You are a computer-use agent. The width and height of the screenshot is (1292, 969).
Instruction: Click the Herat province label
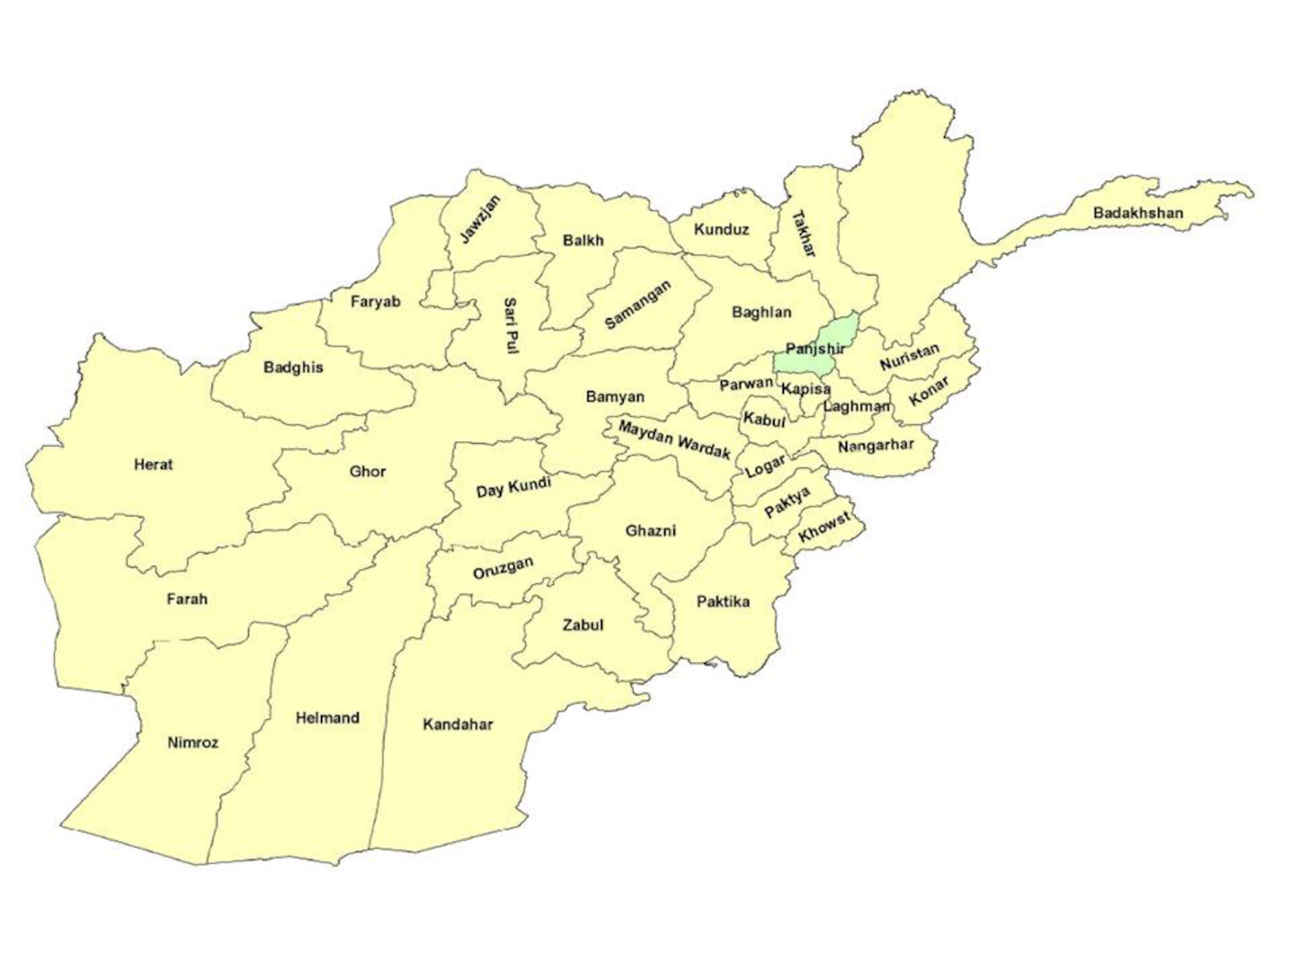coord(153,464)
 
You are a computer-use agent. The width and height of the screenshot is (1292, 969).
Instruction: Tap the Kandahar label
coord(457,724)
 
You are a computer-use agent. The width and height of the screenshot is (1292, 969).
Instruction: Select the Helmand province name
coord(327,718)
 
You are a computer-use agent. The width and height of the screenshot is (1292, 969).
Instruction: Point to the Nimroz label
coord(193,742)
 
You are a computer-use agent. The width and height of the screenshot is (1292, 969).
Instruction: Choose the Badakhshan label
coord(1138,213)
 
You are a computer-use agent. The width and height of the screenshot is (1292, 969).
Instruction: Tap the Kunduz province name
coord(721,229)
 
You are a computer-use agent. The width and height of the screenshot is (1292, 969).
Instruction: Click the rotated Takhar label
coord(804,233)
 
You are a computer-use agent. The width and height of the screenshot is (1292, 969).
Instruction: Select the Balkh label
coord(583,240)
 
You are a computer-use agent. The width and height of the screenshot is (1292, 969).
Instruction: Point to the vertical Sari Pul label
coord(510,325)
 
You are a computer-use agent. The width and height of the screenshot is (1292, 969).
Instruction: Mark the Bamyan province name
coord(614,397)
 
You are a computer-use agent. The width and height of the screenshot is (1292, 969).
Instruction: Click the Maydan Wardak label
coord(674,440)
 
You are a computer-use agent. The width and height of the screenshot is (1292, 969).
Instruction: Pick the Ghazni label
coord(651,531)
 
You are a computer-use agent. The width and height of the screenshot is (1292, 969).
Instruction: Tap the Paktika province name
coord(723,602)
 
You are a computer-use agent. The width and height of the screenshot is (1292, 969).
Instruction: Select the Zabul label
coord(583,625)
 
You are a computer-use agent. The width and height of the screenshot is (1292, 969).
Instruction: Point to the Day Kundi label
coord(513,486)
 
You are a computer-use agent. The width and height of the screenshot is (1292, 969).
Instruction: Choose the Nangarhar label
coord(875,446)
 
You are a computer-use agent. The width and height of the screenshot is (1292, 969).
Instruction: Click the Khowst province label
coord(824,527)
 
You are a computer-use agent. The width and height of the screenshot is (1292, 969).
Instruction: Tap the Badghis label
coord(293,368)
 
